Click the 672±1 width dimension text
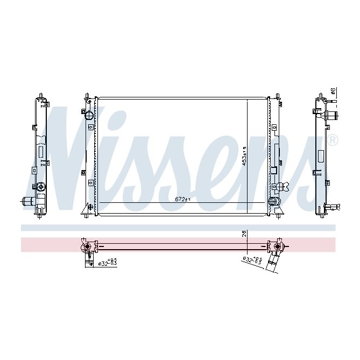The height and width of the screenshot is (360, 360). click(183, 199)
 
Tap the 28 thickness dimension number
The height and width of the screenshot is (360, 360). click(244, 234)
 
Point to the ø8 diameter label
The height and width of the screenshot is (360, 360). click(333, 91)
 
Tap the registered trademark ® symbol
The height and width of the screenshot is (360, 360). click(333, 142)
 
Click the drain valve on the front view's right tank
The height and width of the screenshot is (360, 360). click(282, 187)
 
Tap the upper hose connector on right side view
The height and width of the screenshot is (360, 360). click(330, 114)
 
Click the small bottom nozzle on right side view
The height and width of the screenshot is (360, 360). click(334, 206)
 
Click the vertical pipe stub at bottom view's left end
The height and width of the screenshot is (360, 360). click(86, 259)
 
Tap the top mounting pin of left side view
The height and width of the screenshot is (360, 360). click(41, 96)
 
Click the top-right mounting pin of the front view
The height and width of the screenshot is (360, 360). click(277, 97)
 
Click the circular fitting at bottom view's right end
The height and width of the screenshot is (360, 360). click(278, 247)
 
